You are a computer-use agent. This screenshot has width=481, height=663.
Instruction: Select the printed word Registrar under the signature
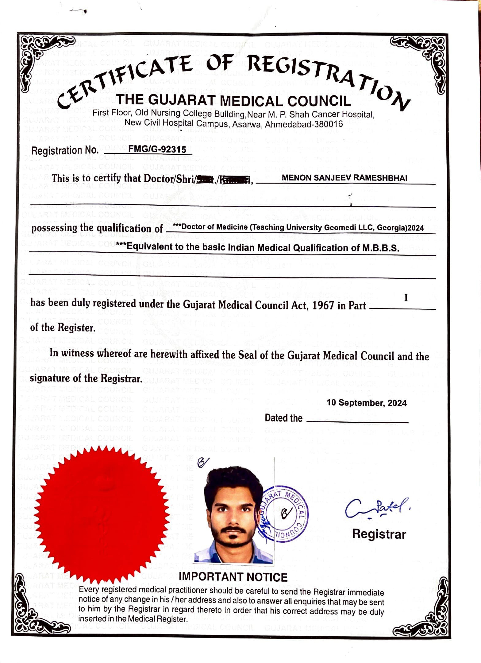379,534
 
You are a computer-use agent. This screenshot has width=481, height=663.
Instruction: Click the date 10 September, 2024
366,403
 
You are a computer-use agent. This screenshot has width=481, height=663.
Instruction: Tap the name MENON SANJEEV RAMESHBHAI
344,178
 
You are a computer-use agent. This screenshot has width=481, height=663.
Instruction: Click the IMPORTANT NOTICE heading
233,577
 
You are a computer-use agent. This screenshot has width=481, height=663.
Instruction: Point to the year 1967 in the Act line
323,305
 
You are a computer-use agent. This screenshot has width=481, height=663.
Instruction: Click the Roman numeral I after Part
406,298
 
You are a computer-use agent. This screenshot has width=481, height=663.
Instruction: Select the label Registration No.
65,151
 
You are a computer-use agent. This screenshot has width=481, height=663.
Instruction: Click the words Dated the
283,418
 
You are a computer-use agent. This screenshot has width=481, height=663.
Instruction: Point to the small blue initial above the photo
203,462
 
